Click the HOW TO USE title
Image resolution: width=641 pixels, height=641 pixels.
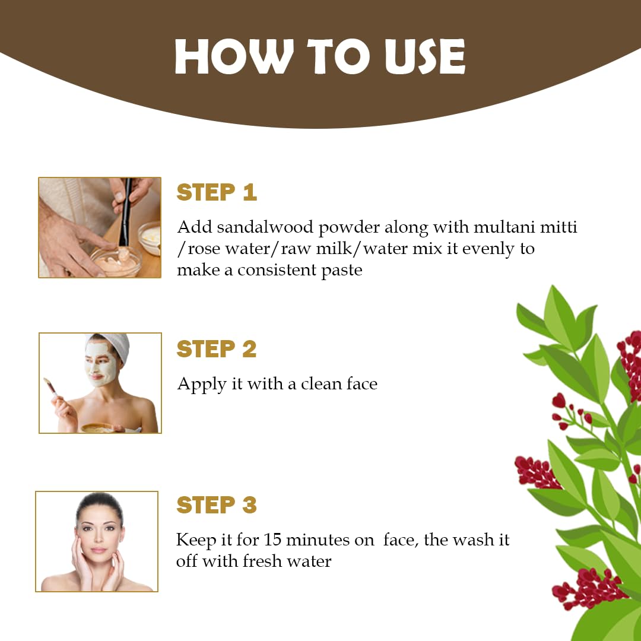[x=320, y=58]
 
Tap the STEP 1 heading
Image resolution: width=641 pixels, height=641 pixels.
[x=217, y=193]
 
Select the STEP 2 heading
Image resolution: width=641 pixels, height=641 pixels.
[x=217, y=349]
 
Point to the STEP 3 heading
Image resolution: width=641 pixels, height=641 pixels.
[x=217, y=504]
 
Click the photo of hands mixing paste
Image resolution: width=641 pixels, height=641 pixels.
[x=100, y=227]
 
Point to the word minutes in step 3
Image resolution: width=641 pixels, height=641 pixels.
[x=327, y=540]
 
